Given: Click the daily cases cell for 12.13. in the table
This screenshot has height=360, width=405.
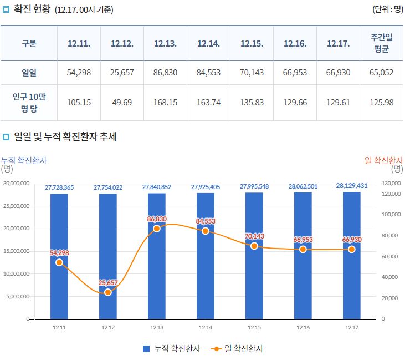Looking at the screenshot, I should [165, 73].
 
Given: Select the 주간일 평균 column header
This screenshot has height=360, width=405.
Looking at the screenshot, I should [381, 43].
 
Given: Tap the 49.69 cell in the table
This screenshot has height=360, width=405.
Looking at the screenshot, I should [122, 103].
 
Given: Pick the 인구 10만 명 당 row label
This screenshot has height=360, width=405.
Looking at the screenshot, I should [29, 103].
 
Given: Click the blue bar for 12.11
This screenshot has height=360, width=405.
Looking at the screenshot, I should [59, 255].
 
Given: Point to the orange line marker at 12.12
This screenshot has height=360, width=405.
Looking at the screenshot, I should [108, 292].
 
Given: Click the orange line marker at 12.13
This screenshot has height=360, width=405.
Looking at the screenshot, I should [157, 229].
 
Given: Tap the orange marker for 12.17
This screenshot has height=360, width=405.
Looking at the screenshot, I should [352, 250].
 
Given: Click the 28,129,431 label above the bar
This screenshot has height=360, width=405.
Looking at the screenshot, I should [351, 186].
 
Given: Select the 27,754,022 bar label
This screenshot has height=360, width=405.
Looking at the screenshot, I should [108, 187].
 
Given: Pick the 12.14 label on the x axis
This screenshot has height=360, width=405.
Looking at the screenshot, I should [206, 328].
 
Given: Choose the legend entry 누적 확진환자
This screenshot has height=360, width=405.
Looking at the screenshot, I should [172, 349].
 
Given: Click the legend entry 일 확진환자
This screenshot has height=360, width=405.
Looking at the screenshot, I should [238, 349].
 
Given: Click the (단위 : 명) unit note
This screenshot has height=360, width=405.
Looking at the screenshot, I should [387, 9].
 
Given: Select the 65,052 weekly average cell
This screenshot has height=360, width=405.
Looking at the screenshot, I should [381, 73].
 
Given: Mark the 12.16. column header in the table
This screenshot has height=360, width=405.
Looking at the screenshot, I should [295, 43].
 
